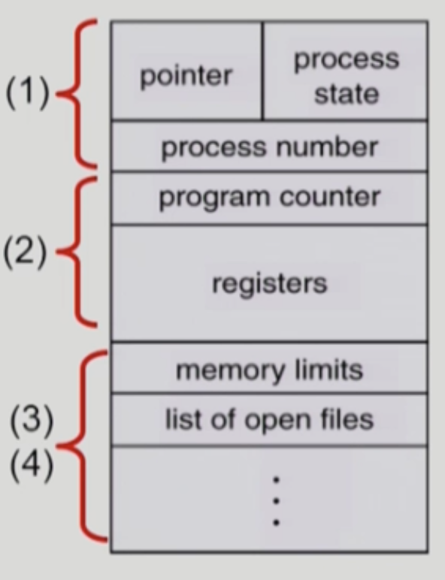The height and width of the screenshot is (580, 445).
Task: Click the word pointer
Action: pos(186,77)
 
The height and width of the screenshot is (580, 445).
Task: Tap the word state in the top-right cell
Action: pos(347,94)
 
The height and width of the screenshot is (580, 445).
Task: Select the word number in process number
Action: pos(327,147)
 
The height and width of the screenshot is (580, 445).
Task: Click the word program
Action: pos(214,198)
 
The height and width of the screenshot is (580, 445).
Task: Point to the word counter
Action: pos(329,197)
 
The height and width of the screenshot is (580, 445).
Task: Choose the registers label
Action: pos(270,285)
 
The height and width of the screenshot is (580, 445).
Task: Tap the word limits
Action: pos(329,369)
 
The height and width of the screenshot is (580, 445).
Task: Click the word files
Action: pos(346,419)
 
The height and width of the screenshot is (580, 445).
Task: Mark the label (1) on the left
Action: pos(27,93)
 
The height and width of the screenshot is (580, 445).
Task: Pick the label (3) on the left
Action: pos(32,420)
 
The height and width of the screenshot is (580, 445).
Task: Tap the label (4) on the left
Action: pos(32,464)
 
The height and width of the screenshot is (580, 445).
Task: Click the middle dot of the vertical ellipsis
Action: pos(276,501)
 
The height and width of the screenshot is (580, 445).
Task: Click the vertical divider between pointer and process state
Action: pos(262,71)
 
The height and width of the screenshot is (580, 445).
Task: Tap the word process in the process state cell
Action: pos(347,60)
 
